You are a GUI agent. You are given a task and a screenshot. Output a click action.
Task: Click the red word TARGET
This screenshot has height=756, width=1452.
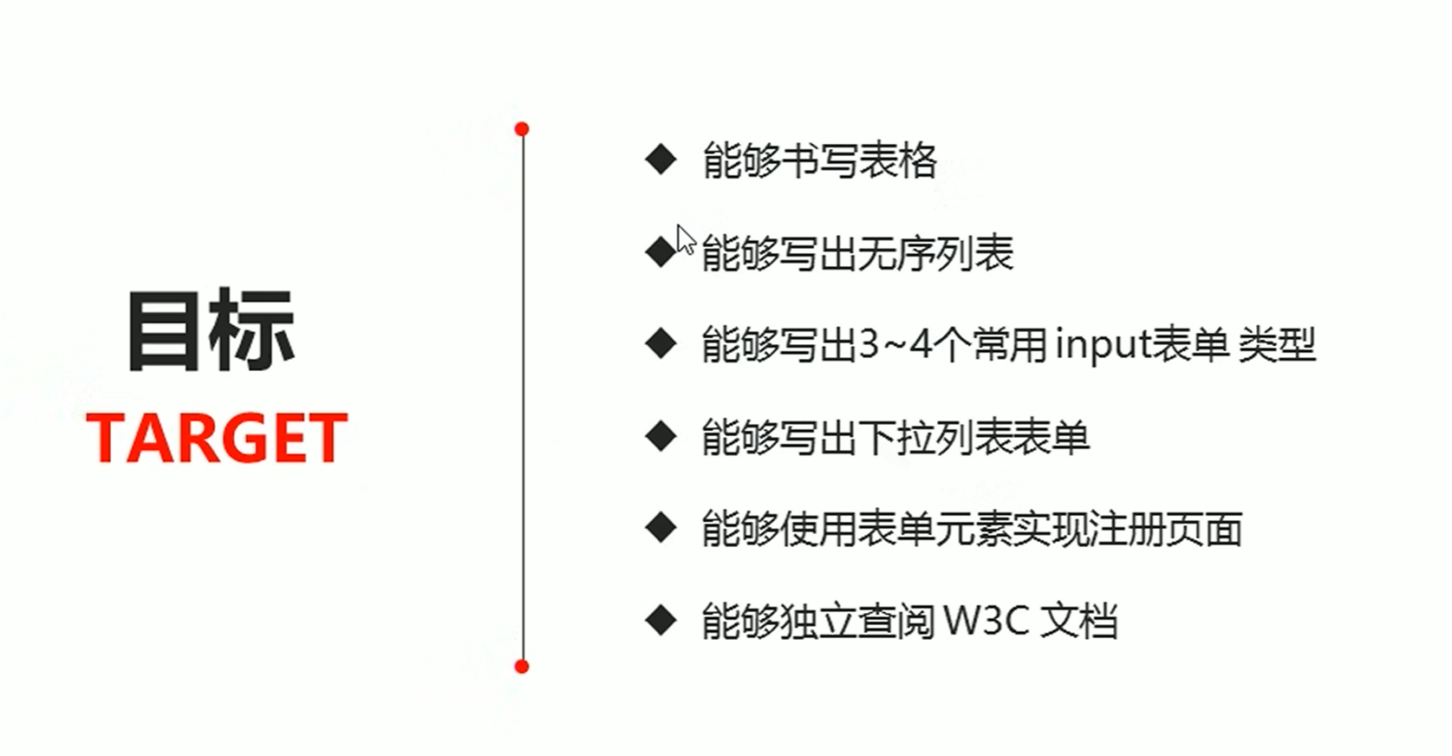(217, 438)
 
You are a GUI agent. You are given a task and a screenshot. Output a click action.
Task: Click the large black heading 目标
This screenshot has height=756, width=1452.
(212, 331)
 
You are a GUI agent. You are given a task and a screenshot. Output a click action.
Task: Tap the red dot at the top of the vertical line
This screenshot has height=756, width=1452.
(521, 129)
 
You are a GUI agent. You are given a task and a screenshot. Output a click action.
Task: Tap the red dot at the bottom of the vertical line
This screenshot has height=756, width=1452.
(521, 666)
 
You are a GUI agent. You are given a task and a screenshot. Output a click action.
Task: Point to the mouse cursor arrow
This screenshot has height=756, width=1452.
(685, 239)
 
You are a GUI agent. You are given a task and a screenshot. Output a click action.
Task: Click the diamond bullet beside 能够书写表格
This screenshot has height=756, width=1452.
(661, 160)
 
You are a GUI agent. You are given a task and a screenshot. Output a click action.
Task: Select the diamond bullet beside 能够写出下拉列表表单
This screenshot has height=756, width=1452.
(661, 436)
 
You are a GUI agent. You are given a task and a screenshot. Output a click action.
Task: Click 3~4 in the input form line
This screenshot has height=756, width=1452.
(895, 344)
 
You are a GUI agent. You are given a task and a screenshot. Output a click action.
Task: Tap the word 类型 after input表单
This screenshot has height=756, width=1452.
(1277, 344)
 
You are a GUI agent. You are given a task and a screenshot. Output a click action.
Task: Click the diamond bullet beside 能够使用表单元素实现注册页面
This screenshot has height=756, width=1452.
(661, 528)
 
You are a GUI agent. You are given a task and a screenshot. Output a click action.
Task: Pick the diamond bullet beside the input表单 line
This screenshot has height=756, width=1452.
(661, 344)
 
